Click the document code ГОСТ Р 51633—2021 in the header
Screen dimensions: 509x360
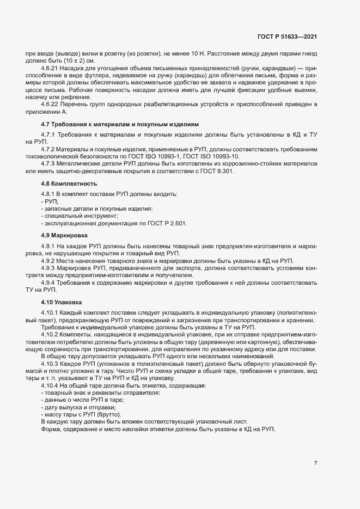(x=286, y=37)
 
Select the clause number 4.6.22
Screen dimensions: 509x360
(x=50, y=103)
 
